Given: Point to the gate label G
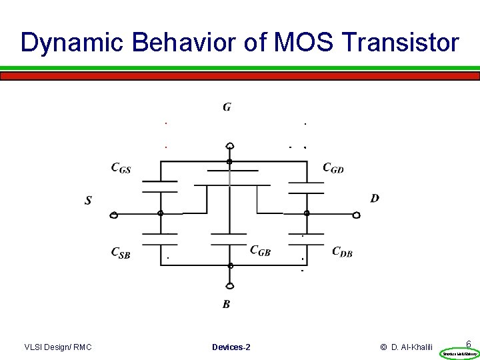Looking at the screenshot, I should tap(227, 107).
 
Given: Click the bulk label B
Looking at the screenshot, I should tap(227, 305).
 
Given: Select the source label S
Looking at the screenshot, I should tap(88, 200).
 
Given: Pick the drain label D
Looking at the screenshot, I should tap(375, 198).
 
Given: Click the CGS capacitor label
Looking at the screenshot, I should tap(121, 169).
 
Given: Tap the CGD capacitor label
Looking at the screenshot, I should tap(333, 168).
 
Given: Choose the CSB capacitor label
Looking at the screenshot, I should tap(120, 253).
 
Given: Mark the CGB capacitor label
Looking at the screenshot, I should tap(260, 251).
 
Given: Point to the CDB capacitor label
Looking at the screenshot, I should tap(342, 252).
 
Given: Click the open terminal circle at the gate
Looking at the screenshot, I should tap(229, 146).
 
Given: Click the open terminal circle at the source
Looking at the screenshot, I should tap(114, 215).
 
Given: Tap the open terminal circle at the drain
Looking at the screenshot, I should tap(357, 215).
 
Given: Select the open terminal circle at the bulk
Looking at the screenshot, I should tap(230, 286).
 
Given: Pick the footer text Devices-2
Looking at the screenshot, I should tap(231, 347).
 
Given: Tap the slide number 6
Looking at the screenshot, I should tap(469, 344).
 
